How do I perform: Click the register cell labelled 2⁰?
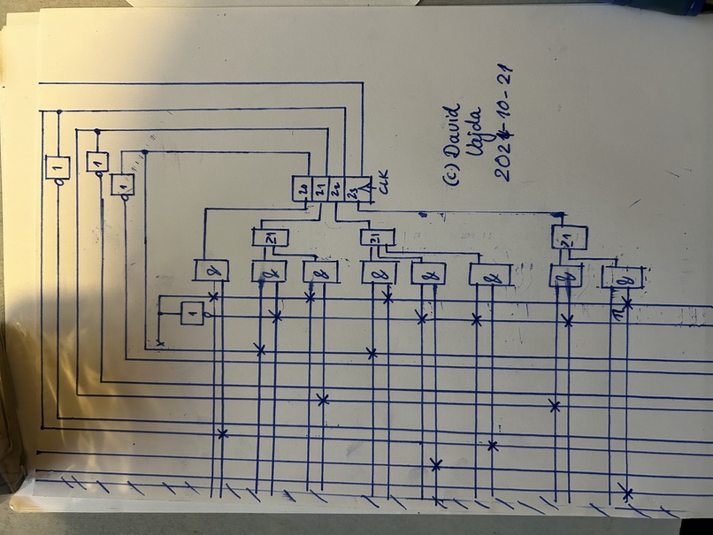point(303,188)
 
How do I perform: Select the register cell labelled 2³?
point(351,188)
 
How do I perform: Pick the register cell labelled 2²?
point(335,188)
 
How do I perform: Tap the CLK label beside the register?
point(383,187)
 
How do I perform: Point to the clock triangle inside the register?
point(364,187)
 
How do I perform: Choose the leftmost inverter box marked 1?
point(57,167)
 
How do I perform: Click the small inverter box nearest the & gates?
point(192,313)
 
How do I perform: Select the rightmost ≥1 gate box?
point(569,237)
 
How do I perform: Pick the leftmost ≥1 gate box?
point(269,237)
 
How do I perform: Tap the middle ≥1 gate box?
point(377,237)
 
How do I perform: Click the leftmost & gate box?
point(211,270)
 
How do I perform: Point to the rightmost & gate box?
point(620,278)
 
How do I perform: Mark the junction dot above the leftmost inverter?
point(58,112)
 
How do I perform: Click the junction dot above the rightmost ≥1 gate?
point(557,215)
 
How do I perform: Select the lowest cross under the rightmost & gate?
point(626,492)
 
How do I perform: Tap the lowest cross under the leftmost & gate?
point(222,432)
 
